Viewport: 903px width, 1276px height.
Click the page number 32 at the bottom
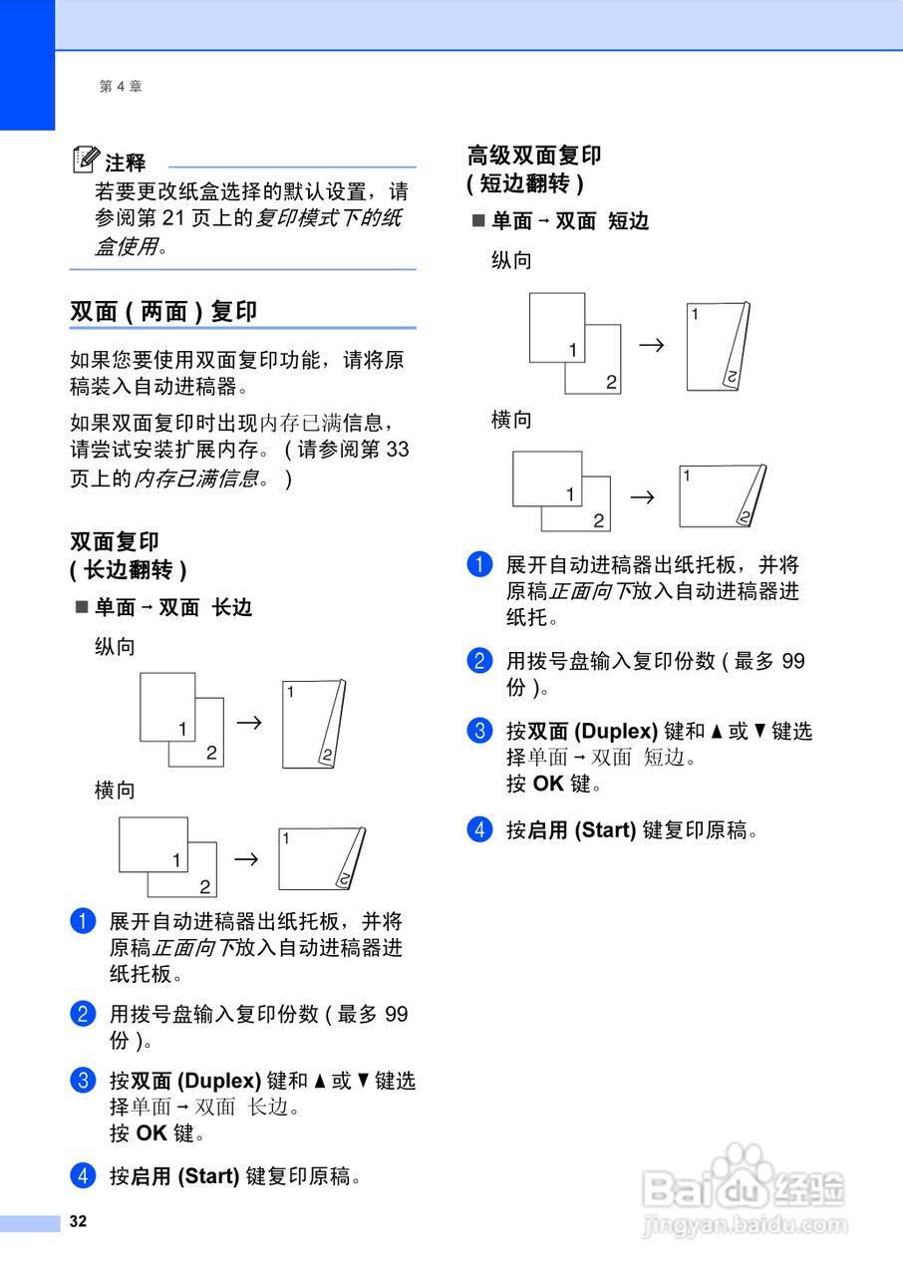click(78, 1222)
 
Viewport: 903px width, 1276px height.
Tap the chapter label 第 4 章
click(121, 87)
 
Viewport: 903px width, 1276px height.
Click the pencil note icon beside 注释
click(87, 159)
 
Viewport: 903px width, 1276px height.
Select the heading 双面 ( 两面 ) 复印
click(163, 311)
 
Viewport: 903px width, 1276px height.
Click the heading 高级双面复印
click(534, 156)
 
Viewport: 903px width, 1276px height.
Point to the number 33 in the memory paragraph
click(397, 450)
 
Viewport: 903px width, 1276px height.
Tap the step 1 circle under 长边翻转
click(83, 921)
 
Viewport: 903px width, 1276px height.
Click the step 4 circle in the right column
click(480, 829)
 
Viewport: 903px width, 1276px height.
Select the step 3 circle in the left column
click(83, 1081)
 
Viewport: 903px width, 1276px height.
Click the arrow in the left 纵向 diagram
click(249, 721)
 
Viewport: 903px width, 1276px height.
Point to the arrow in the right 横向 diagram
click(644, 495)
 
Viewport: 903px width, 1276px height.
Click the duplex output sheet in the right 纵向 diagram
click(717, 347)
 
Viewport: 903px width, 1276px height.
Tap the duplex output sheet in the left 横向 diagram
click(320, 857)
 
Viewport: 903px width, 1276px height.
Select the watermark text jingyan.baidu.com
click(745, 1225)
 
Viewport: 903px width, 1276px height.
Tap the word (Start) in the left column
click(208, 1176)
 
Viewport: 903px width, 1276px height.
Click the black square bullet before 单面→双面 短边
click(478, 221)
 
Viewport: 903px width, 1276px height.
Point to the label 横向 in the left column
click(115, 791)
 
